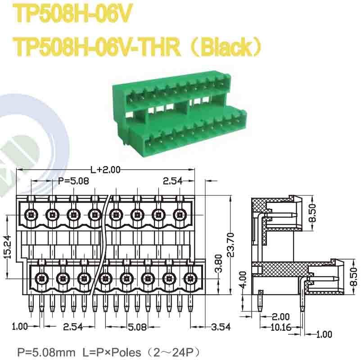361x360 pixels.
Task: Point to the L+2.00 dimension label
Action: point(105,170)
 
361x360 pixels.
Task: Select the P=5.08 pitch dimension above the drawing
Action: point(74,181)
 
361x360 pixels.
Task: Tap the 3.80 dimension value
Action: point(218,269)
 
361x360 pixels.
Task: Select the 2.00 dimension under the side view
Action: point(281,317)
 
